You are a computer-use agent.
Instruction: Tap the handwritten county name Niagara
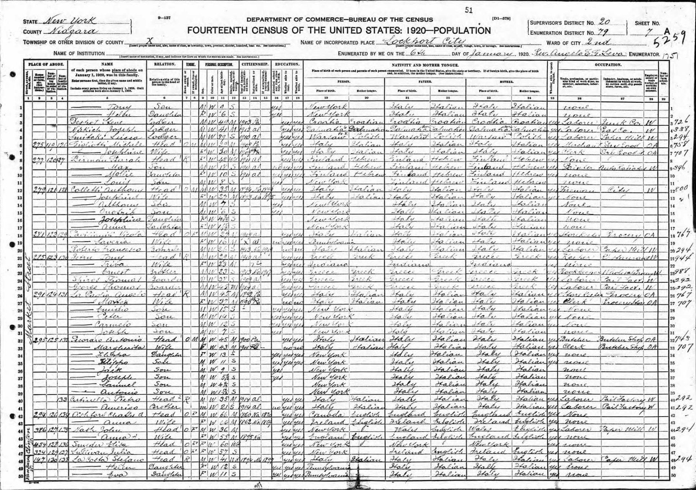pos(73,31)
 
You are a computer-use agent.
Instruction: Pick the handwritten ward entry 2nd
pos(597,42)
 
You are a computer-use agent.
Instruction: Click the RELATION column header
pos(164,64)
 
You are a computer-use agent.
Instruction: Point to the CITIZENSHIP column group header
pos(255,64)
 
